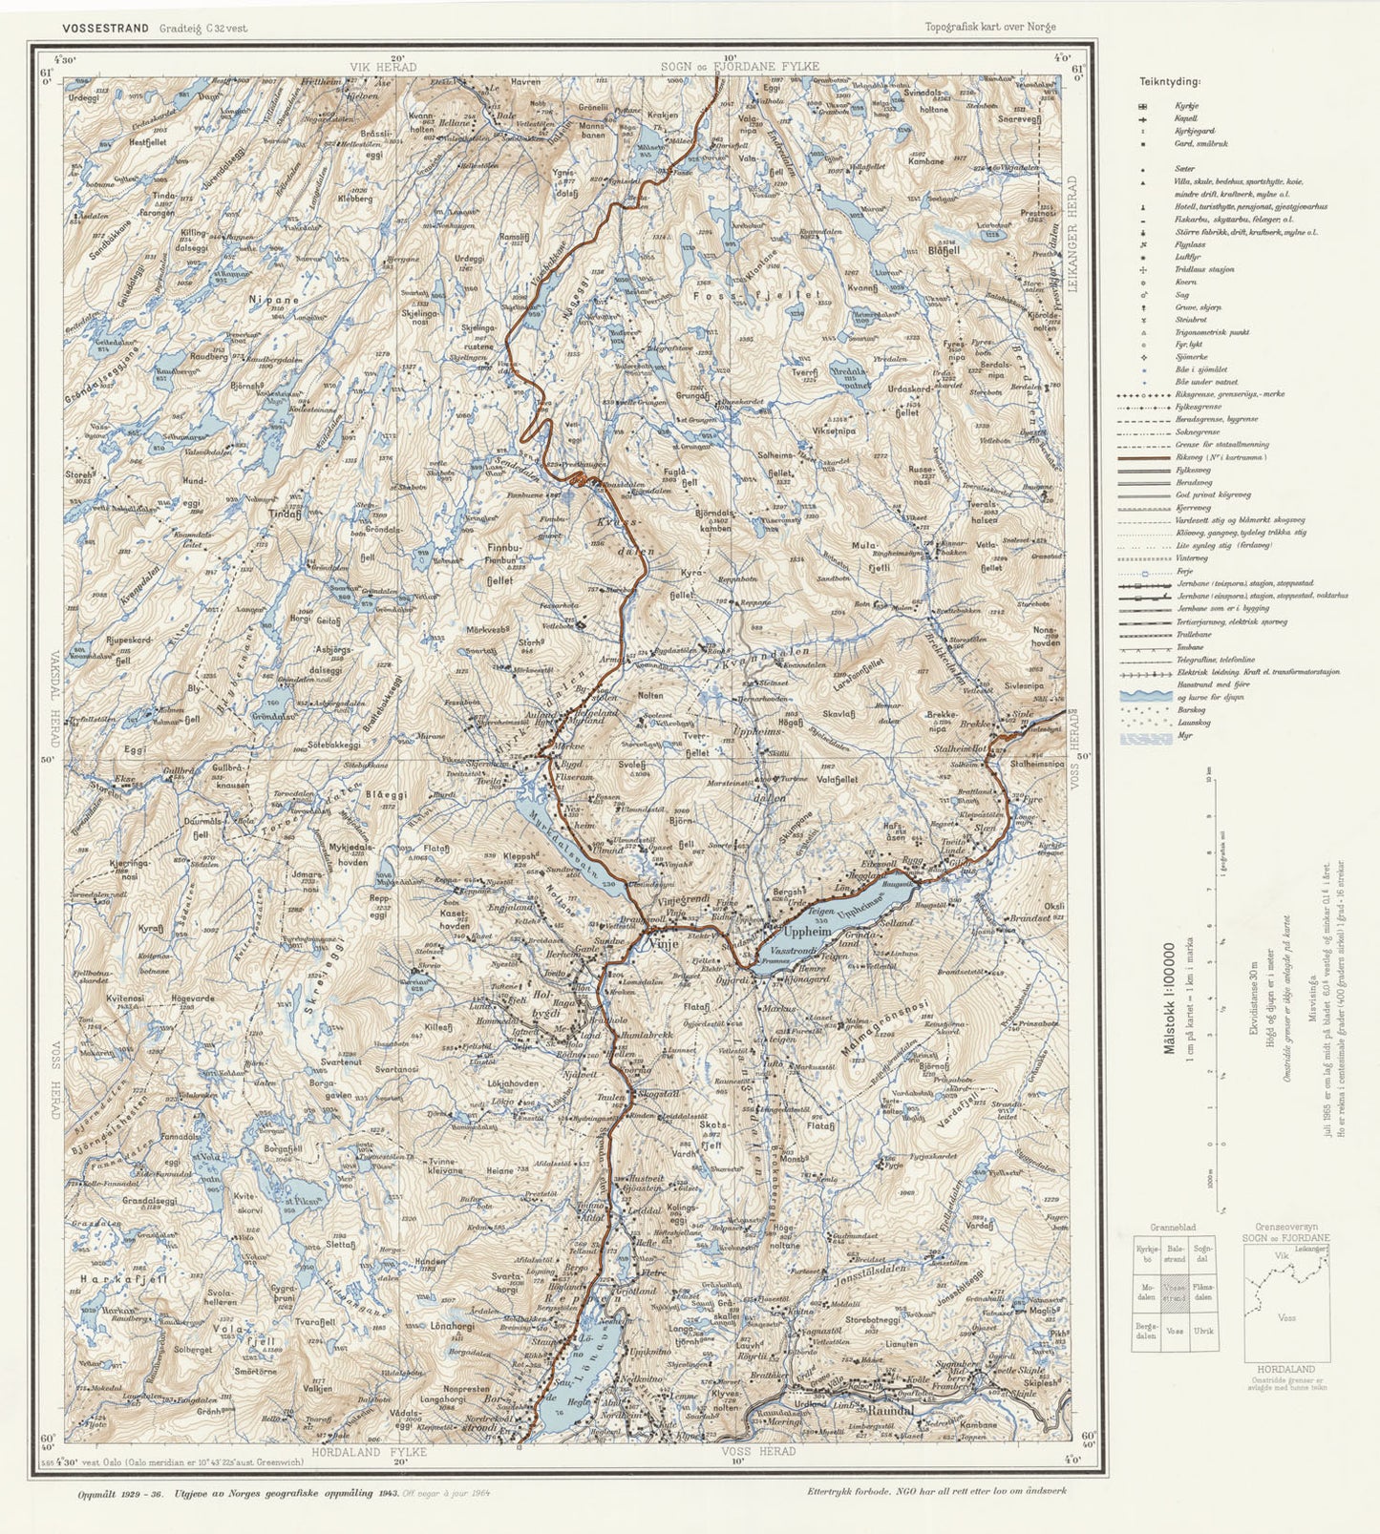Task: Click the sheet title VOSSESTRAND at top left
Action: click(x=105, y=28)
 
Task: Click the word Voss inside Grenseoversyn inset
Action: click(x=1286, y=1317)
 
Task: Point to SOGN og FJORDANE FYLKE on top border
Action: click(x=739, y=66)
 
